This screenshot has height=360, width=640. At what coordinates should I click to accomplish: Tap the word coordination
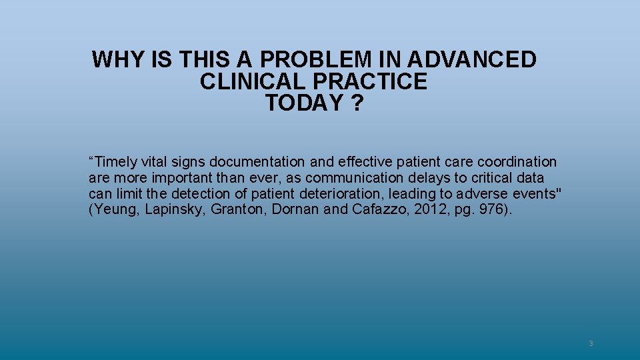[x=517, y=162]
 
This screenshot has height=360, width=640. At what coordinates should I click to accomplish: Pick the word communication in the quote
[x=355, y=178]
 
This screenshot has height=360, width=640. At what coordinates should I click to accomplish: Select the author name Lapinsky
[x=175, y=210]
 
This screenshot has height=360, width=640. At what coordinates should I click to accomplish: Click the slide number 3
[x=590, y=343]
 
